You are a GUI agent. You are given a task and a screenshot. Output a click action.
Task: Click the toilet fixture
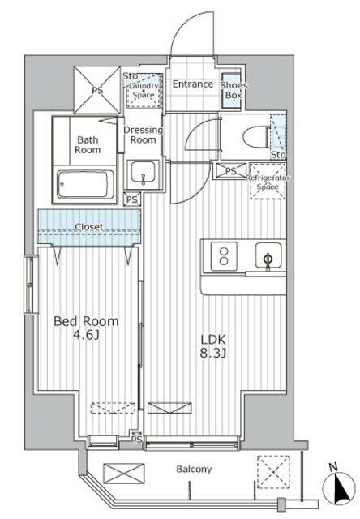click(x=255, y=137)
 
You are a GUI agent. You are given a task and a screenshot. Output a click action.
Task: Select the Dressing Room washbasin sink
click(x=143, y=173)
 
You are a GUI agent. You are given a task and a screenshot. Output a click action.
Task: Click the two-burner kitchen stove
click(x=224, y=256)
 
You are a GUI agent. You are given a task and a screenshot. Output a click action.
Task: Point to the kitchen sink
click(x=268, y=255)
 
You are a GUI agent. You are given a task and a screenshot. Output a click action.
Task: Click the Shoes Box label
click(x=234, y=90)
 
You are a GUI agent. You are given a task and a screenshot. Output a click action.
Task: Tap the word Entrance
click(x=193, y=84)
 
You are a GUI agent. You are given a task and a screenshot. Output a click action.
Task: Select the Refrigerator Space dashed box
click(x=268, y=181)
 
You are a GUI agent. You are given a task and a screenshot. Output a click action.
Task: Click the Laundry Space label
click(x=144, y=90)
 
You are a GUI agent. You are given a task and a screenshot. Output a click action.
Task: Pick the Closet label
click(x=89, y=227)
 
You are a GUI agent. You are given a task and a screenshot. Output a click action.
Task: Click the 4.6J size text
click(x=87, y=336)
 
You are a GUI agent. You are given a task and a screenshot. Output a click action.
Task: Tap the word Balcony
click(x=194, y=469)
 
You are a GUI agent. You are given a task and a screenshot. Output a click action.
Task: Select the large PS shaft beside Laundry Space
click(x=97, y=90)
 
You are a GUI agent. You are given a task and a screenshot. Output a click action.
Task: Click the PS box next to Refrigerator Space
click(x=230, y=171)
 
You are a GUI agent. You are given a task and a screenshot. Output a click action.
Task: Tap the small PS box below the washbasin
click(x=132, y=199)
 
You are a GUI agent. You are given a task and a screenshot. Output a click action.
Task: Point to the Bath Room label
click(x=88, y=144)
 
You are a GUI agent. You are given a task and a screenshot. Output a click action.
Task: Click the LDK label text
click(x=213, y=339)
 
